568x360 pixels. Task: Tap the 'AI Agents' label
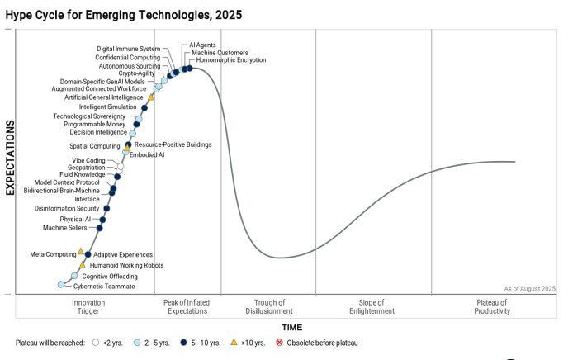click(203, 45)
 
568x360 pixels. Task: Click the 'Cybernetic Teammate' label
click(104, 286)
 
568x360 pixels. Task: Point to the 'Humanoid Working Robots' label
click(126, 265)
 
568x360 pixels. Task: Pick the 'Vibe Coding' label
click(88, 160)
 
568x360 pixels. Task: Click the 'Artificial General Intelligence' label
click(104, 97)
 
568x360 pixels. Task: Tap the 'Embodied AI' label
click(147, 154)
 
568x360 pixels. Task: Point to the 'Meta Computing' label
click(53, 254)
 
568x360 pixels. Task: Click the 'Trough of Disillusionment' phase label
click(269, 307)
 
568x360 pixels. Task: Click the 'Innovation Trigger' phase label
click(88, 307)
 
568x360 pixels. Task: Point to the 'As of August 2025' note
click(529, 288)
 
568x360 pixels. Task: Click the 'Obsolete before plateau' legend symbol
click(280, 342)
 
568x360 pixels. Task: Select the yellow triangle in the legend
click(234, 342)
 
